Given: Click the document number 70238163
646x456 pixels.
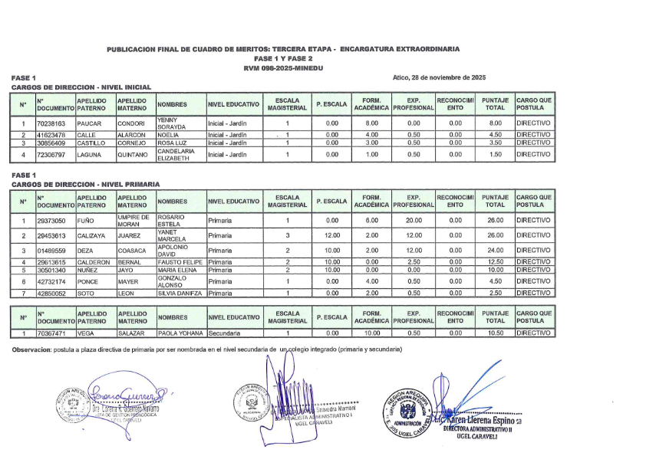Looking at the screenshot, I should (51, 123).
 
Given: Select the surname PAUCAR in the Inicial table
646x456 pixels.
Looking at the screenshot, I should (90, 123).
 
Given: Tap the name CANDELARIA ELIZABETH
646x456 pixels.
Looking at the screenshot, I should (176, 155).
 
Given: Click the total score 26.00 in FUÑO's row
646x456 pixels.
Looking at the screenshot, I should (496, 221).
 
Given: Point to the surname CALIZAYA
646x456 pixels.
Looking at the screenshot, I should (93, 235).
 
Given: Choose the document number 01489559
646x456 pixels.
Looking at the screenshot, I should (51, 251).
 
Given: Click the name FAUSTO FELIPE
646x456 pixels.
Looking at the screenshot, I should (180, 263).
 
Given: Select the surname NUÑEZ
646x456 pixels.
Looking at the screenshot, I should (89, 270).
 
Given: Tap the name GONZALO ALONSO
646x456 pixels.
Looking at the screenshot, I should (173, 281).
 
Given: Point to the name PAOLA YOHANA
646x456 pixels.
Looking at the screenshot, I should (180, 333).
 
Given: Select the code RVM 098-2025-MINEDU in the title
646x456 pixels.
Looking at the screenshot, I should (283, 69).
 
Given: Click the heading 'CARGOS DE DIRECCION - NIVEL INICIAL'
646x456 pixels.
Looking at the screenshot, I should (82, 87).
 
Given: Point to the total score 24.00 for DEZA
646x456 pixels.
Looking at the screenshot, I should (496, 251).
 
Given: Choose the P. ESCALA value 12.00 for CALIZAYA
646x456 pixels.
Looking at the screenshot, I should (331, 235).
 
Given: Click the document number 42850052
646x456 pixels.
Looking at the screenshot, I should (51, 293).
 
